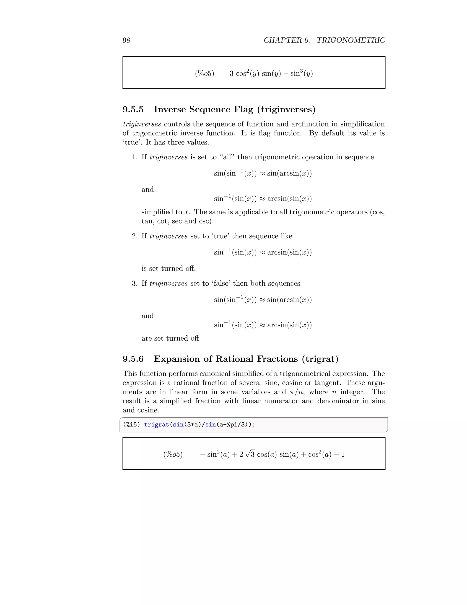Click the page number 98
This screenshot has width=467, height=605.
[x=126, y=40]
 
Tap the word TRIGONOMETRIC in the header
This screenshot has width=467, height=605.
[x=350, y=40]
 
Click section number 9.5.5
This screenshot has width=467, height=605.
[x=133, y=109]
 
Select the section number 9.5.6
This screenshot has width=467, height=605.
[x=133, y=359]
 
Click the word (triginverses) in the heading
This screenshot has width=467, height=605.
[x=286, y=109]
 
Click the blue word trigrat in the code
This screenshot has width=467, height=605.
[x=156, y=425]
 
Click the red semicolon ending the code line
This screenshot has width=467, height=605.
[x=254, y=425]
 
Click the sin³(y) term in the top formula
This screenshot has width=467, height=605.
[x=301, y=74]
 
